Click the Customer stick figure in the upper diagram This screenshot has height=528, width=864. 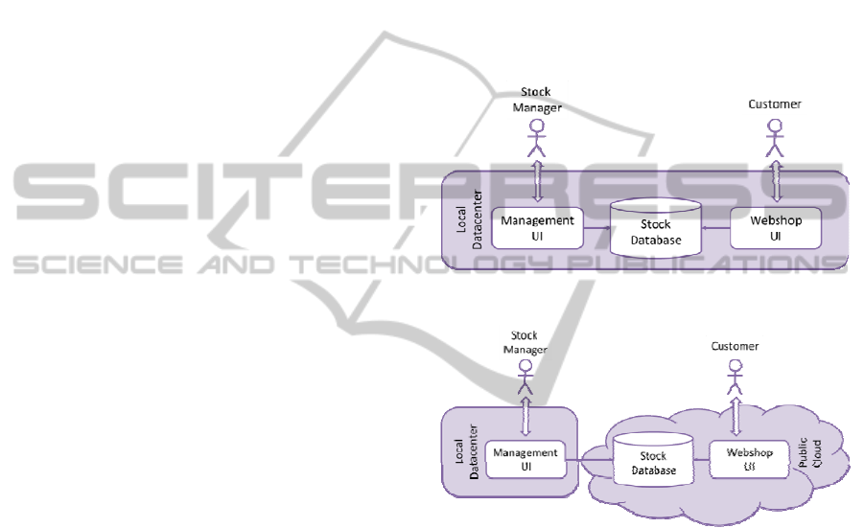pos(774,141)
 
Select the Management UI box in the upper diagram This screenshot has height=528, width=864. pos(538,228)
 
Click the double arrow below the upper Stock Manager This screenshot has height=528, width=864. pos(537,180)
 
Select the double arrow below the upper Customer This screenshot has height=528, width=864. pos(774,180)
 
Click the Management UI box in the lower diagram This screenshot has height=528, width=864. pos(524,459)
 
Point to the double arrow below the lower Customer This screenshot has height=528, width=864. pos(736,417)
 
